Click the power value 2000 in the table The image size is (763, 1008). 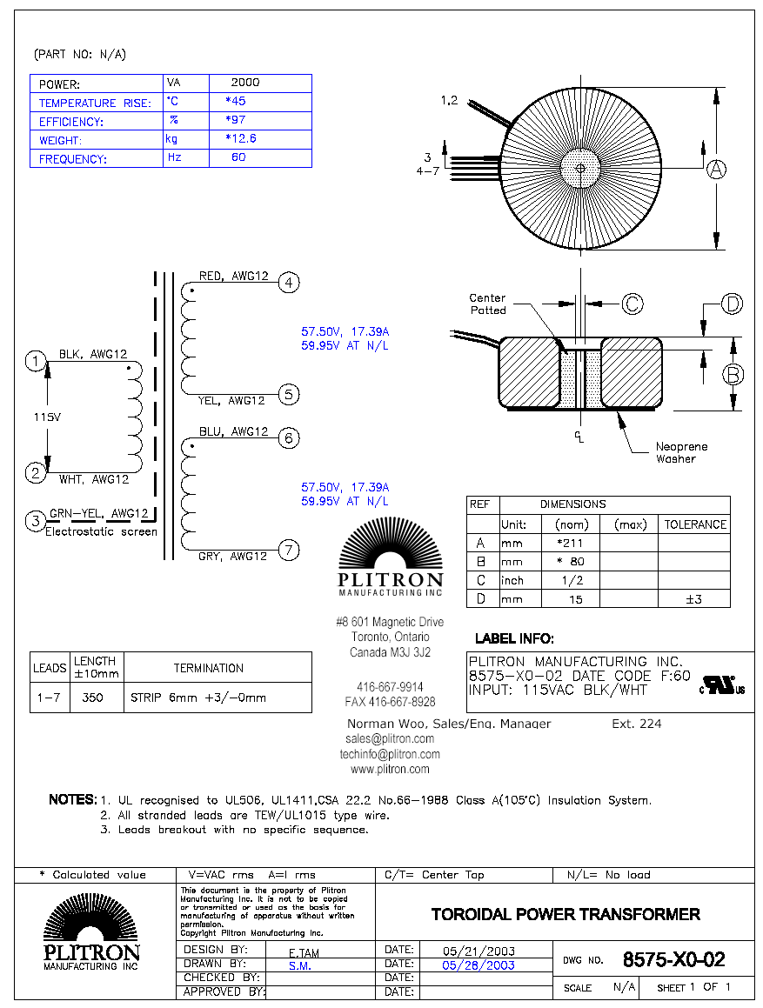244,83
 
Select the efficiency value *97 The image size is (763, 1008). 235,120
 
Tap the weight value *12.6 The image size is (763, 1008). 240,138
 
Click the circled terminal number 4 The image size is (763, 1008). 290,283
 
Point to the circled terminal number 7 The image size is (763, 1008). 290,549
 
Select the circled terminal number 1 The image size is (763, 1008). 36,361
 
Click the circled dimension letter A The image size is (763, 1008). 715,170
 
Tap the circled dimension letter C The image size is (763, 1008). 632,304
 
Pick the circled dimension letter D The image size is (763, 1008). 733,304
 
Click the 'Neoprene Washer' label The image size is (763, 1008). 681,452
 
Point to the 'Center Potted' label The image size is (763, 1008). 487,304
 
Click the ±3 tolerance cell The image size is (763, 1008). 693,599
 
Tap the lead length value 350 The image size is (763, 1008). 93,698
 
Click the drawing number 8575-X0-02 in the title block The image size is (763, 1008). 673,960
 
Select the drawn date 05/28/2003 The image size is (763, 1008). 478,965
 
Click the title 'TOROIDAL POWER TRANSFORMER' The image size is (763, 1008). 566,914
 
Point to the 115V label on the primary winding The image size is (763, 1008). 47,417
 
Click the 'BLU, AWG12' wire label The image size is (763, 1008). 233,431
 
